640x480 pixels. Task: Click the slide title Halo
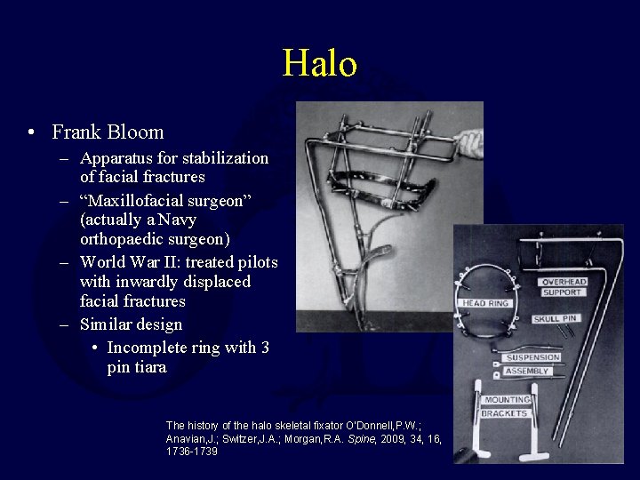(x=320, y=64)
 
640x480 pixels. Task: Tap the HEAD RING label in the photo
(x=486, y=303)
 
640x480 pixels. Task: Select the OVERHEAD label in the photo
(x=563, y=282)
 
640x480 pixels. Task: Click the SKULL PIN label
(x=557, y=318)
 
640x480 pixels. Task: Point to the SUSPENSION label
(x=532, y=357)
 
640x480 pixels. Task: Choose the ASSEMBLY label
(x=526, y=371)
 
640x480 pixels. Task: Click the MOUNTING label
(x=507, y=400)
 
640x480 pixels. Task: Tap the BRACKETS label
(x=505, y=413)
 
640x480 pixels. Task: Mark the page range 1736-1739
(x=191, y=452)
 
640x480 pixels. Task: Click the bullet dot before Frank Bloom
(x=32, y=133)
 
